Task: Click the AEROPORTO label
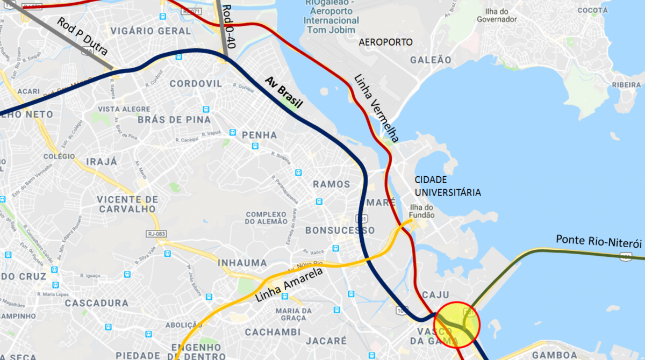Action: click(385, 42)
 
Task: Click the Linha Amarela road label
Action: click(288, 284)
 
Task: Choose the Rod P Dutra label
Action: click(82, 37)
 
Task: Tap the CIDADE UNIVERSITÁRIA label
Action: click(447, 186)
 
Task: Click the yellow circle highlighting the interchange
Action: click(456, 325)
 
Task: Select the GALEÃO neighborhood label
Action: click(431, 60)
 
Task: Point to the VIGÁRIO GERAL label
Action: click(151, 31)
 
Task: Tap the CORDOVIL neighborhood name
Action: click(196, 84)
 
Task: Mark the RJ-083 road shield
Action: click(156, 233)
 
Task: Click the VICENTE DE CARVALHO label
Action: click(128, 204)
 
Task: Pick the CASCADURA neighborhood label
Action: click(97, 303)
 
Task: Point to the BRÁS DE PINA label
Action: click(174, 119)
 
